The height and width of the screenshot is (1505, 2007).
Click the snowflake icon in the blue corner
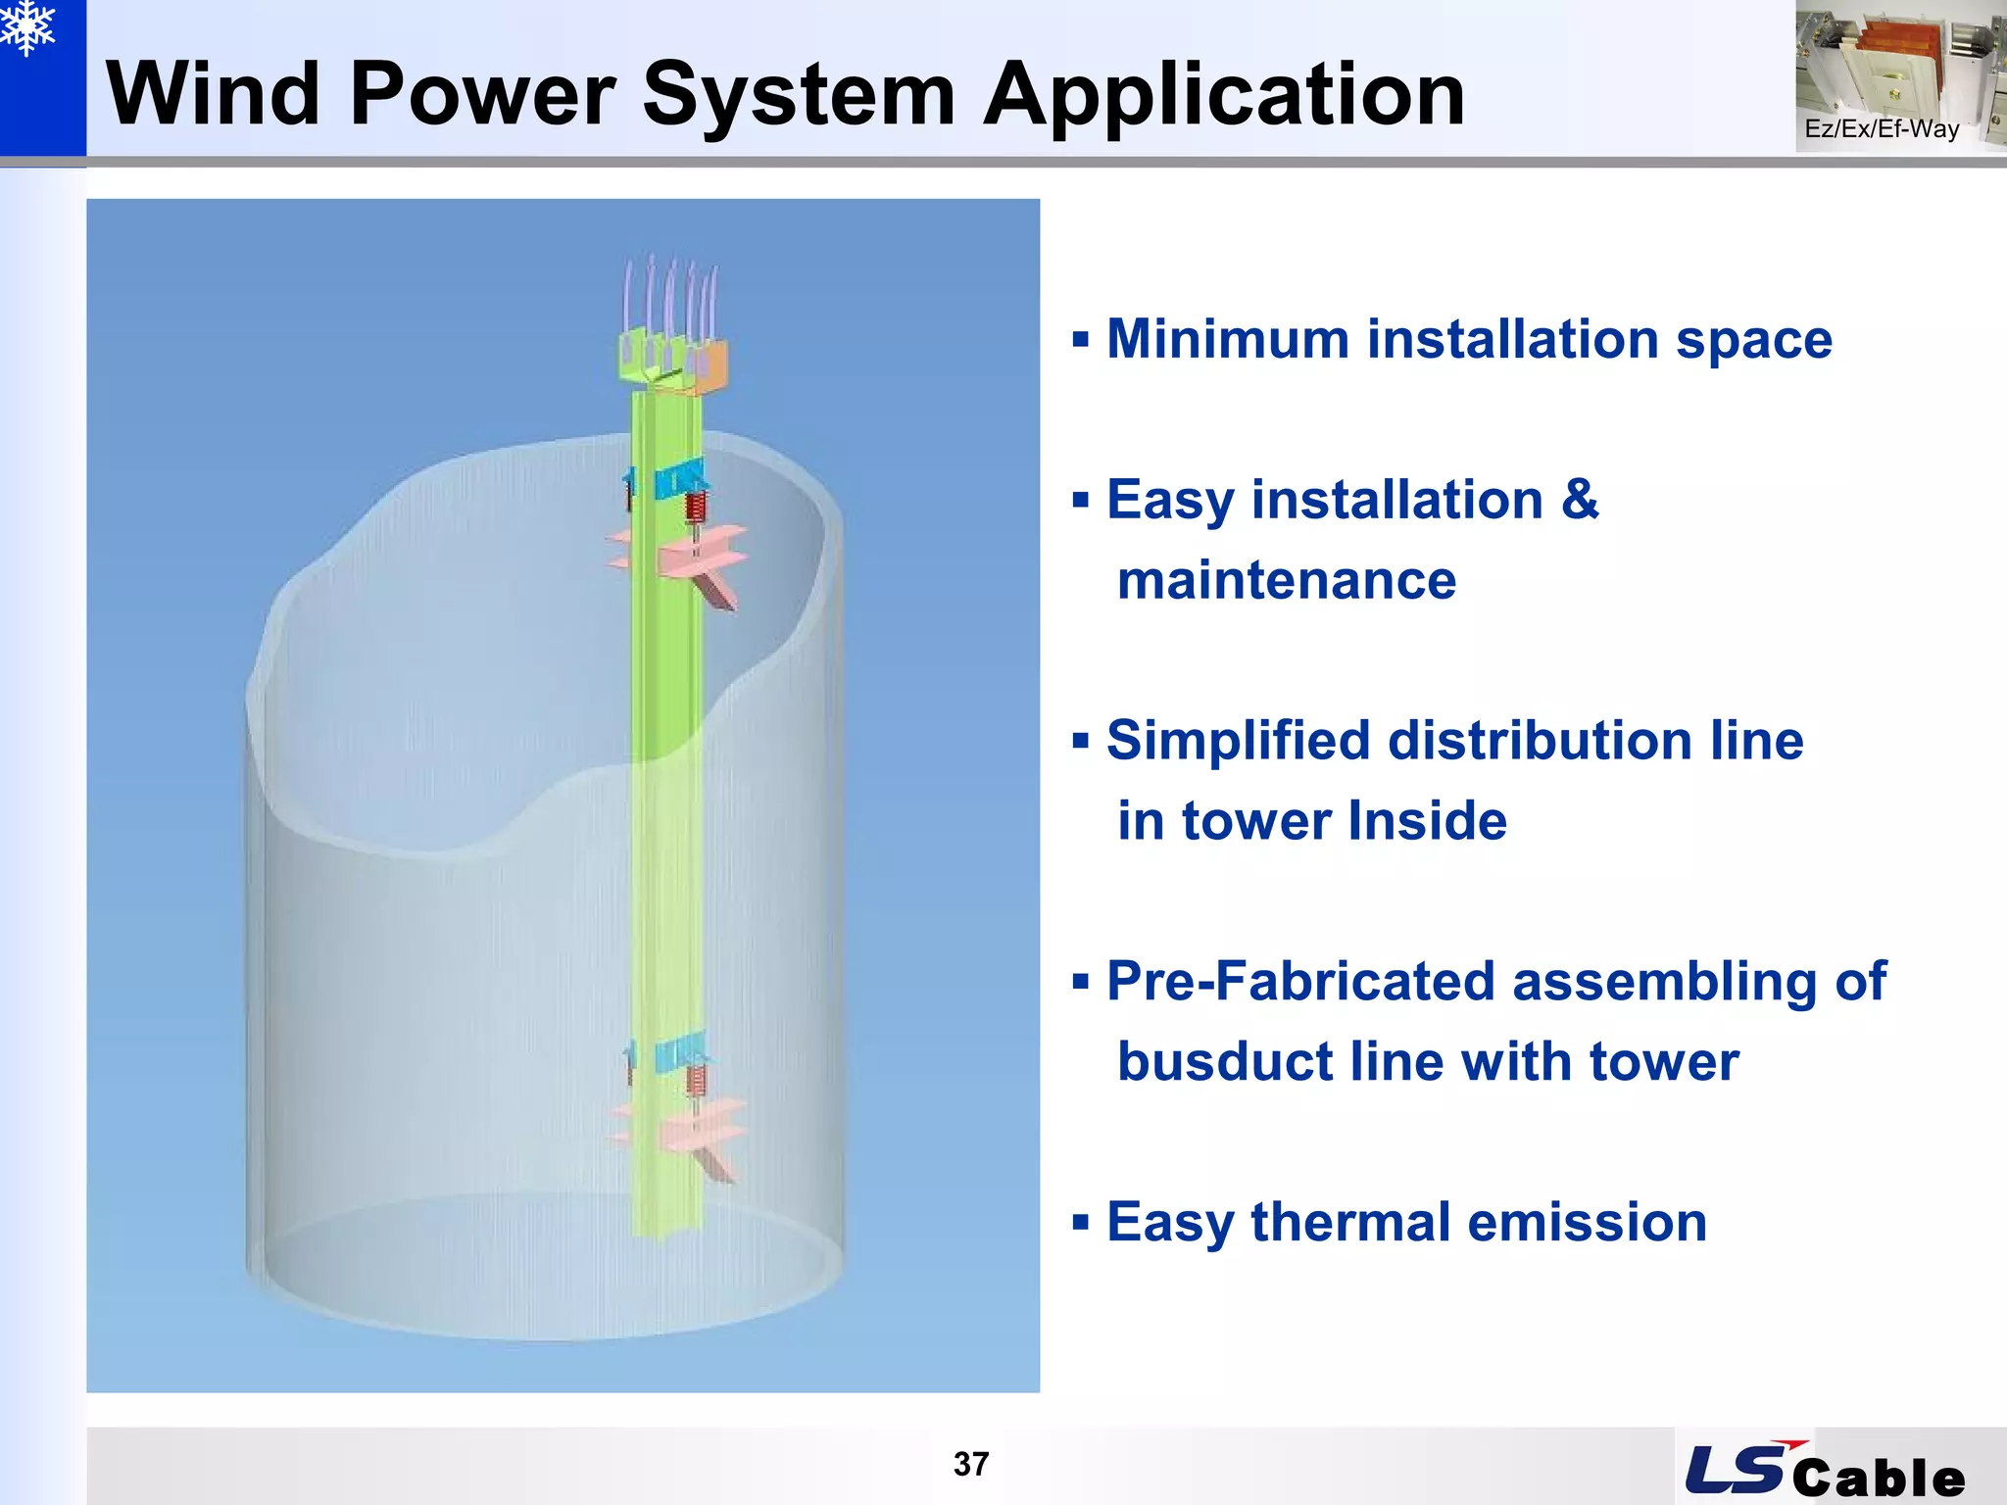[27, 27]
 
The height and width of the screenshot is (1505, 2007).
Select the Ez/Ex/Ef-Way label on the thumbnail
[1882, 129]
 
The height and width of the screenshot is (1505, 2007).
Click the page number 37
[971, 1464]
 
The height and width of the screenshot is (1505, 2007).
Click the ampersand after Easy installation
[1580, 500]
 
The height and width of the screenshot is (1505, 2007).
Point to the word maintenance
[1287, 580]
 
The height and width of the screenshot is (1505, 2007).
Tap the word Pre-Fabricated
[1300, 981]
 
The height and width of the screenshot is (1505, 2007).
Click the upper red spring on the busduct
[696, 507]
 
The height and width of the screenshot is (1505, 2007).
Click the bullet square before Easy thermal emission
[1081, 1223]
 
